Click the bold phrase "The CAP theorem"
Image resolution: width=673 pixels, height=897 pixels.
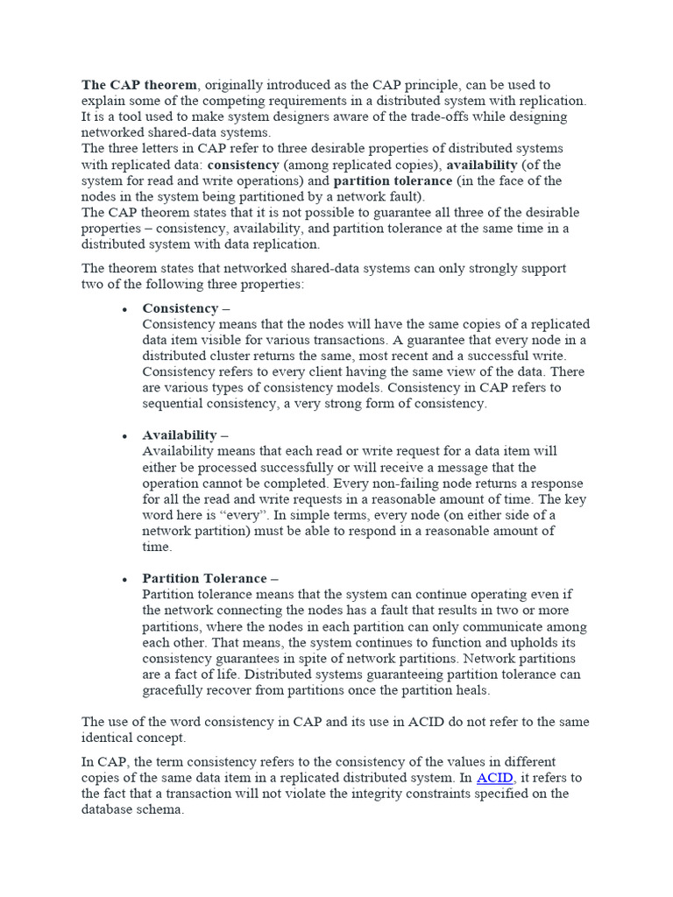[x=140, y=85]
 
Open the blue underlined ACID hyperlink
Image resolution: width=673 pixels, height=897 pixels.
[x=494, y=778]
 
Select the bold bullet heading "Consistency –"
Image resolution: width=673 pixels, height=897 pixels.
[x=185, y=308]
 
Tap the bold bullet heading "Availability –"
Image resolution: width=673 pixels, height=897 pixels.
[x=184, y=435]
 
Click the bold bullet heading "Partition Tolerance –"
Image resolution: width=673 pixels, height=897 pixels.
[x=210, y=579]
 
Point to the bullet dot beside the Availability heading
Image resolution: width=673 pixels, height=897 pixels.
[x=124, y=436]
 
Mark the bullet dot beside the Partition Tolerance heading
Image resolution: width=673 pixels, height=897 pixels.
[x=124, y=580]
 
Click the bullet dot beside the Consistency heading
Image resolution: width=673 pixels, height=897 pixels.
[x=124, y=309]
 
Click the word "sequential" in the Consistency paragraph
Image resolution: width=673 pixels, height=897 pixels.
[x=176, y=404]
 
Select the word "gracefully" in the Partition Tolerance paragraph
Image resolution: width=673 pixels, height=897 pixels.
[x=176, y=690]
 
